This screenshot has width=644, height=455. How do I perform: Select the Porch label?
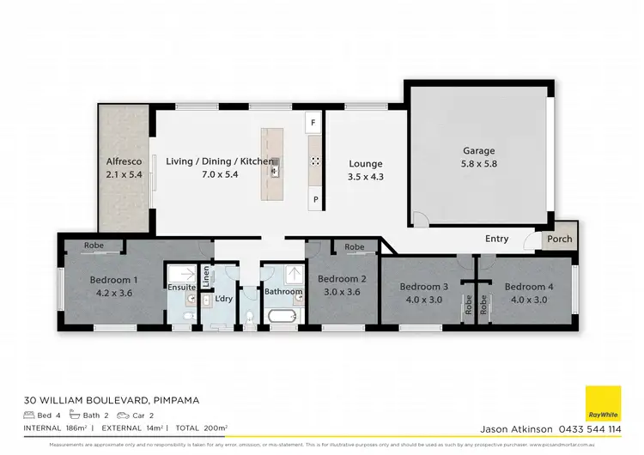(x=560, y=240)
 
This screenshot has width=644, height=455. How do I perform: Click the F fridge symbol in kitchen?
(x=314, y=124)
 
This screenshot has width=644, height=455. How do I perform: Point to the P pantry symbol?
(x=315, y=199)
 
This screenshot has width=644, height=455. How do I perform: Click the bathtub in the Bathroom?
(x=283, y=318)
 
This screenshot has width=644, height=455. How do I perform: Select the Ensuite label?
(x=181, y=289)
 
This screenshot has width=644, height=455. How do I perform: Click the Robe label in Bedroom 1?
(x=94, y=246)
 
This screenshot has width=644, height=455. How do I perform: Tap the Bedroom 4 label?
(x=525, y=287)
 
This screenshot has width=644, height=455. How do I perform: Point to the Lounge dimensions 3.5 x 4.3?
(x=365, y=176)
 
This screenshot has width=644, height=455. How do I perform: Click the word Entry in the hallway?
(x=496, y=239)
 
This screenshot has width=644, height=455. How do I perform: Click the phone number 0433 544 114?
(x=592, y=428)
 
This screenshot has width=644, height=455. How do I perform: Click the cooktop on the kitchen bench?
(x=315, y=161)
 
